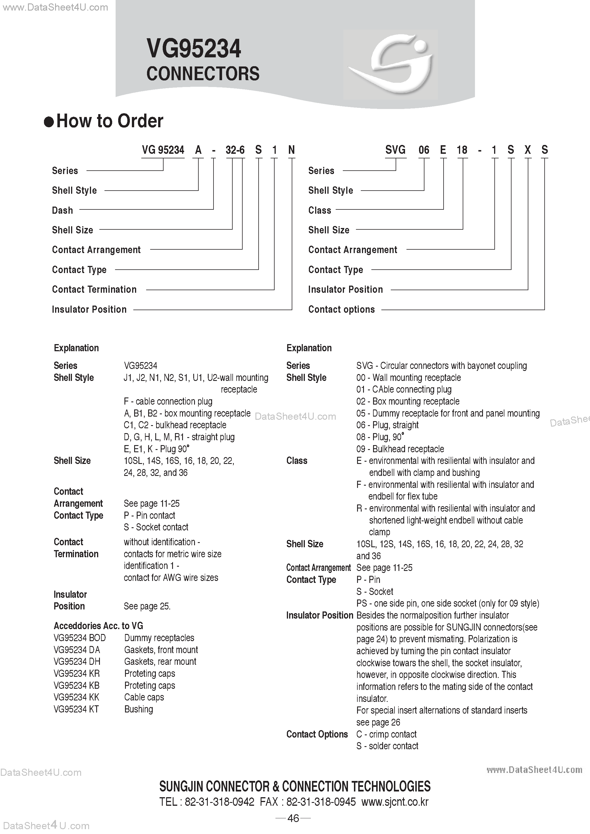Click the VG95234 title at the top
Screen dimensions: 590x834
(194, 49)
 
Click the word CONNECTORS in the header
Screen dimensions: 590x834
(203, 74)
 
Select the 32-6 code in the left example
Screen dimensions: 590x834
(235, 150)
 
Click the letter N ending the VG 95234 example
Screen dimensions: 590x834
(291, 150)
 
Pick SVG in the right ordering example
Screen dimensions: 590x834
(395, 150)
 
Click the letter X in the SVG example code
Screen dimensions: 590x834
(527, 150)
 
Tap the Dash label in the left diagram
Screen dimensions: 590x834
(63, 210)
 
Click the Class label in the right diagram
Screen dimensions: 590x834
(319, 210)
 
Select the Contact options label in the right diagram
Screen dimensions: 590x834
(341, 310)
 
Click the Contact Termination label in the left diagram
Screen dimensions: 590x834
(94, 290)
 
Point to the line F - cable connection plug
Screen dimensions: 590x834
(168, 401)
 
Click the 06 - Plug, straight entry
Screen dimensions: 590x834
(387, 425)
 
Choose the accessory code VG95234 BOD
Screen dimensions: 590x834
(80, 638)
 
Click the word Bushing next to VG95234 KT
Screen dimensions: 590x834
(138, 709)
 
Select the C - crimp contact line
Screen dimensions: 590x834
(386, 734)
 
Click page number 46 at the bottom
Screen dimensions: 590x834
(293, 818)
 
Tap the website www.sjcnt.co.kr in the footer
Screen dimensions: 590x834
(395, 802)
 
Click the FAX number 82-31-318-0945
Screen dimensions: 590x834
(321, 802)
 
